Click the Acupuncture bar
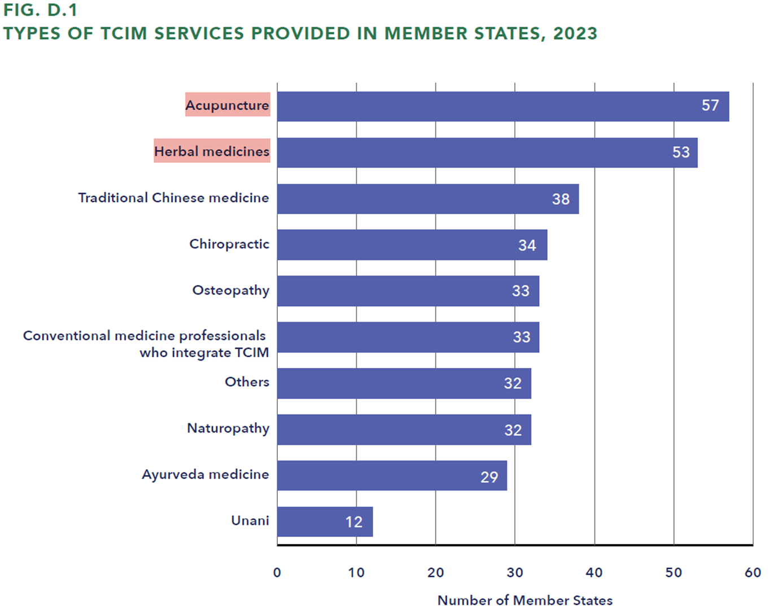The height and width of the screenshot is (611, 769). pyautogui.click(x=503, y=106)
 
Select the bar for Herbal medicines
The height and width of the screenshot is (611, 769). pyautogui.click(x=487, y=153)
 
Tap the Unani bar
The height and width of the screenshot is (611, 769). pyautogui.click(x=325, y=521)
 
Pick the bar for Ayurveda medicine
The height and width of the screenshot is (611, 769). pyautogui.click(x=392, y=475)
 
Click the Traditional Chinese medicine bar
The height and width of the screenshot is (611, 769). pyautogui.click(x=427, y=199)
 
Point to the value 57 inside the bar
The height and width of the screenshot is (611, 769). pyautogui.click(x=710, y=106)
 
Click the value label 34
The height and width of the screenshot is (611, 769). pyautogui.click(x=527, y=245)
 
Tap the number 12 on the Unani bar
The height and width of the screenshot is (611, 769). pyautogui.click(x=354, y=522)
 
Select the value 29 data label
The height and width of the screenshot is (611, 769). pyautogui.click(x=489, y=477)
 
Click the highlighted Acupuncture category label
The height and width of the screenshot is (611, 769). pyautogui.click(x=228, y=105)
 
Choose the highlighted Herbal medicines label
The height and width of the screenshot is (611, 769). pyautogui.click(x=212, y=151)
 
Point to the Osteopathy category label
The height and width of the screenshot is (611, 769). pyautogui.click(x=230, y=291)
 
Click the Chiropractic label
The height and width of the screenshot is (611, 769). pyautogui.click(x=229, y=244)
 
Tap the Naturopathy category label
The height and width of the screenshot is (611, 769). pyautogui.click(x=228, y=428)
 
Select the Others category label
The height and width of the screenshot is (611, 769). pyautogui.click(x=247, y=382)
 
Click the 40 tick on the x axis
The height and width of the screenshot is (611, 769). pyautogui.click(x=594, y=573)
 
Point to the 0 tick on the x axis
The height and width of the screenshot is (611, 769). pyautogui.click(x=277, y=573)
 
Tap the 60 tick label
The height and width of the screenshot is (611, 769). pyautogui.click(x=752, y=573)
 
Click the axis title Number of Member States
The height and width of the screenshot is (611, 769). pyautogui.click(x=525, y=600)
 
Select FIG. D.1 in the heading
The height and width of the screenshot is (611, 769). pyautogui.click(x=41, y=10)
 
